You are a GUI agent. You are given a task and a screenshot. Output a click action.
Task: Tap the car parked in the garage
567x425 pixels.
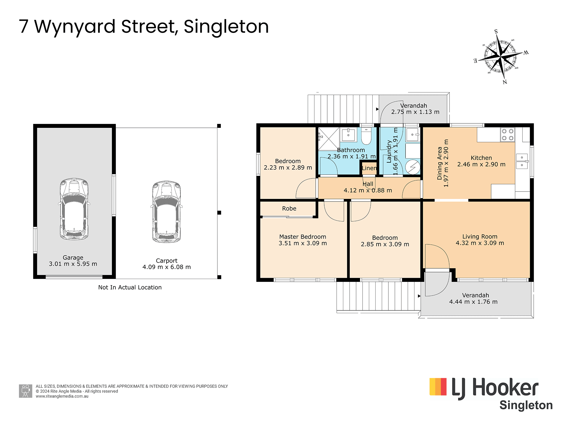tap(74, 209)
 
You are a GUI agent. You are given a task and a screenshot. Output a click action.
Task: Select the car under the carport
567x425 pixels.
tap(167, 212)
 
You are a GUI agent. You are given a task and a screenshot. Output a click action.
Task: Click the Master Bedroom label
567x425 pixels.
tap(303, 237)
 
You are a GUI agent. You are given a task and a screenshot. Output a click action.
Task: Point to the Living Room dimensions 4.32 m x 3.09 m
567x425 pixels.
tap(480, 243)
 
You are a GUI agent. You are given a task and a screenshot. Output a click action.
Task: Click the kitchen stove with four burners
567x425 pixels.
tap(508, 135)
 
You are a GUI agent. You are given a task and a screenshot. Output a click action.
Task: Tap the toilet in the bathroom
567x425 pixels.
tap(366, 136)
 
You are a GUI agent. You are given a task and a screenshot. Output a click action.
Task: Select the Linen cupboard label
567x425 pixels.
tap(369, 168)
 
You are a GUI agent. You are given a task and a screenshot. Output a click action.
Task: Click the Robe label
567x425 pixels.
tap(289, 208)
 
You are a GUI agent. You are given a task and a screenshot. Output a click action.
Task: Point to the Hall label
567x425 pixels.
tap(368, 184)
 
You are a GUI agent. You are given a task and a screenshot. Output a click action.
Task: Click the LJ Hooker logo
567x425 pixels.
tap(491, 394)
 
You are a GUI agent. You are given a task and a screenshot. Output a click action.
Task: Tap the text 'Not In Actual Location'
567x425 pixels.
tap(130, 287)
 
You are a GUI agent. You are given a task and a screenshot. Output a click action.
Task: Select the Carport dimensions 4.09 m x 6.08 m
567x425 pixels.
tap(167, 267)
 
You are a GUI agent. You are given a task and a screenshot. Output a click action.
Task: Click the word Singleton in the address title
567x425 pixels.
tap(226, 27)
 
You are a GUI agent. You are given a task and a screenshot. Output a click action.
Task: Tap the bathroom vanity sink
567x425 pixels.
tap(348, 135)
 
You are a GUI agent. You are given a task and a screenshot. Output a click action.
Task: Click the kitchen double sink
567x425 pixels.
tap(522, 161)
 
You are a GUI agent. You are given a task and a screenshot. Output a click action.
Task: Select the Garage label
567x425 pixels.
tap(73, 257)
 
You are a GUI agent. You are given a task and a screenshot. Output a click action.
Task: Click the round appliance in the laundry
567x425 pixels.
tap(413, 167)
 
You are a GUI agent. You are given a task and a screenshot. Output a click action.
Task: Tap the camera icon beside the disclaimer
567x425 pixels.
tap(26, 391)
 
